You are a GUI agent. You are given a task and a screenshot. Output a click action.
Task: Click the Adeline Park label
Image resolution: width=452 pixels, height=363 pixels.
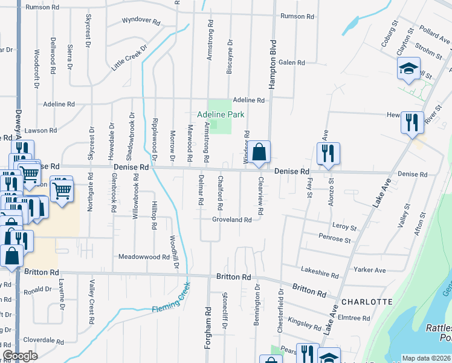(x=220, y=114)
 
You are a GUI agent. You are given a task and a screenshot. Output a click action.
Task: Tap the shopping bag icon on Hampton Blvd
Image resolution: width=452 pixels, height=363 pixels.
(x=259, y=152)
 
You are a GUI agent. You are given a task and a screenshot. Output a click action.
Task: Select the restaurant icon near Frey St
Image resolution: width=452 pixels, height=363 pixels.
(x=328, y=154)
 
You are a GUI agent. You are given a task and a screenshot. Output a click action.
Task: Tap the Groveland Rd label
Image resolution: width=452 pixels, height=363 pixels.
(x=231, y=220)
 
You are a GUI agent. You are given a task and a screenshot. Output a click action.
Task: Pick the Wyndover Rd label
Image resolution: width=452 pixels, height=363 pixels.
(x=141, y=21)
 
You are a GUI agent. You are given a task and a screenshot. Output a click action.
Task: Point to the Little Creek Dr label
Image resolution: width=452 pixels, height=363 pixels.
(x=129, y=56)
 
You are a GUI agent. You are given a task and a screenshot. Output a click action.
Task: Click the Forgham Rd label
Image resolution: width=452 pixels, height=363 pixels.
(x=207, y=321)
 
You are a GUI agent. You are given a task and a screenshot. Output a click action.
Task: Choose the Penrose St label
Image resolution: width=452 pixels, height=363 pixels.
(x=335, y=240)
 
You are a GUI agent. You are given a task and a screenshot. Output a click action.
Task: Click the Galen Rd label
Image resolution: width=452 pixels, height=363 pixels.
(x=292, y=62)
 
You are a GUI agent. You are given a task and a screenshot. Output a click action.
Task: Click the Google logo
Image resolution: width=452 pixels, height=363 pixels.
(x=20, y=355)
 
